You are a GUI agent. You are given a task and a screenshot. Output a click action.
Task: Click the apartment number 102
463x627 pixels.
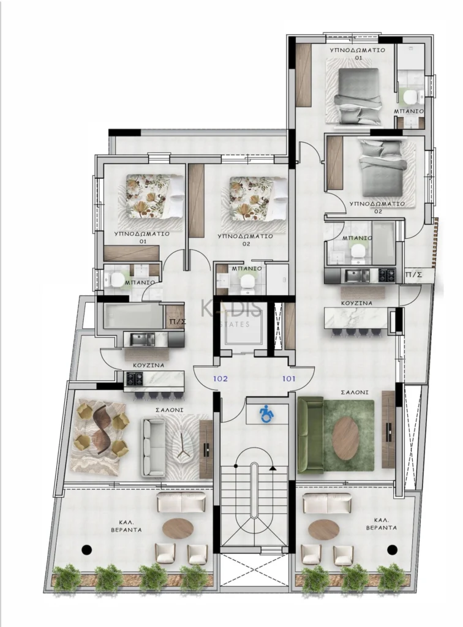[220, 379]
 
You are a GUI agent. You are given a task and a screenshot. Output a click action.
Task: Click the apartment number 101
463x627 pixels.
[289, 379]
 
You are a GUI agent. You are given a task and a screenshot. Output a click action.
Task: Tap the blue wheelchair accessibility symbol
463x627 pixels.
[267, 414]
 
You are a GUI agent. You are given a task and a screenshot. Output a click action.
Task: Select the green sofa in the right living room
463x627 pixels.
[310, 435]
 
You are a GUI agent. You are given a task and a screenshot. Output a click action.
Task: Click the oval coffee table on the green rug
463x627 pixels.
[345, 438]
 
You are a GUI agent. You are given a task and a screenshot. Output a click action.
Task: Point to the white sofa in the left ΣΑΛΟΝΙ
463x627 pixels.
[154, 448]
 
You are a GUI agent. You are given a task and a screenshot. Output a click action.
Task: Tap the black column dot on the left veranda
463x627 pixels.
[86, 549]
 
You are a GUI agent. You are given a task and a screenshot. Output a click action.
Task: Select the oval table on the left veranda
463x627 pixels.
[178, 528]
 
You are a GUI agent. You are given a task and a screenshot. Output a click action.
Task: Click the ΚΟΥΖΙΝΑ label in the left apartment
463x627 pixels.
[148, 365]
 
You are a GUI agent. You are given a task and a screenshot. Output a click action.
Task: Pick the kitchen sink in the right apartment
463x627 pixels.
[357, 276]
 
